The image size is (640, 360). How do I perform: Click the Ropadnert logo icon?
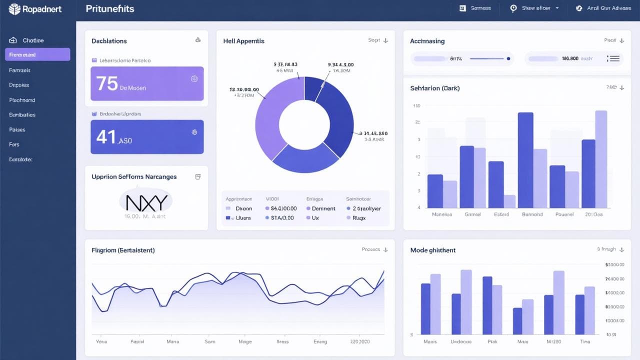tap(14, 8)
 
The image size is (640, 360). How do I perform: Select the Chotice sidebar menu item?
tap(33, 40)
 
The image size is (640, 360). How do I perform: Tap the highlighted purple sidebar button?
tap(37, 54)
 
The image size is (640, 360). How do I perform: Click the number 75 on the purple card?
tap(107, 83)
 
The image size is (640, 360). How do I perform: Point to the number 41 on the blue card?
tap(105, 136)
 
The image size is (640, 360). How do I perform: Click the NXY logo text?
tap(146, 202)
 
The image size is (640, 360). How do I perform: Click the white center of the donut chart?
tap(304, 124)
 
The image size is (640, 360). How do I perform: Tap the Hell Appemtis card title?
tap(243, 41)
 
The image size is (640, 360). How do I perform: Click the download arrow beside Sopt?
tap(385, 40)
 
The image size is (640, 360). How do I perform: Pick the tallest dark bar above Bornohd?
tap(525, 160)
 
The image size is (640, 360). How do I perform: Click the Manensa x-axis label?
tap(441, 214)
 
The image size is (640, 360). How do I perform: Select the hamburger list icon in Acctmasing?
tap(614, 58)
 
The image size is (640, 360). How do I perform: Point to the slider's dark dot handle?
tap(508, 58)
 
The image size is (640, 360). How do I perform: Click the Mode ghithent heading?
tap(432, 250)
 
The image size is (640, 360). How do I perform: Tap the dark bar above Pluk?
tap(487, 305)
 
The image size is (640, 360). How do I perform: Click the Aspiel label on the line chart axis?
tap(137, 341)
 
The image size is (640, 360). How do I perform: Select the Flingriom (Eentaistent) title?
tap(123, 250)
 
